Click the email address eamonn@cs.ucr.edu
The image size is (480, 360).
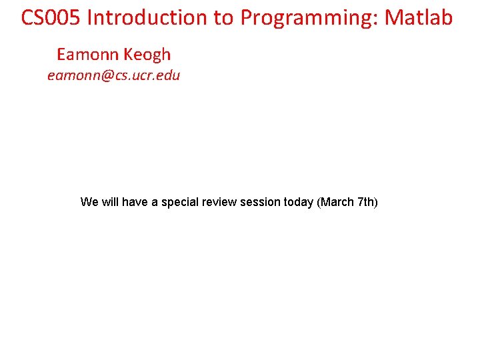tap(113, 75)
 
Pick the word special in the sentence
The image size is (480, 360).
tap(181, 202)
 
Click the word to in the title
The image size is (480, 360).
tap(225, 18)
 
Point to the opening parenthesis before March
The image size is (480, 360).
tap(319, 202)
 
